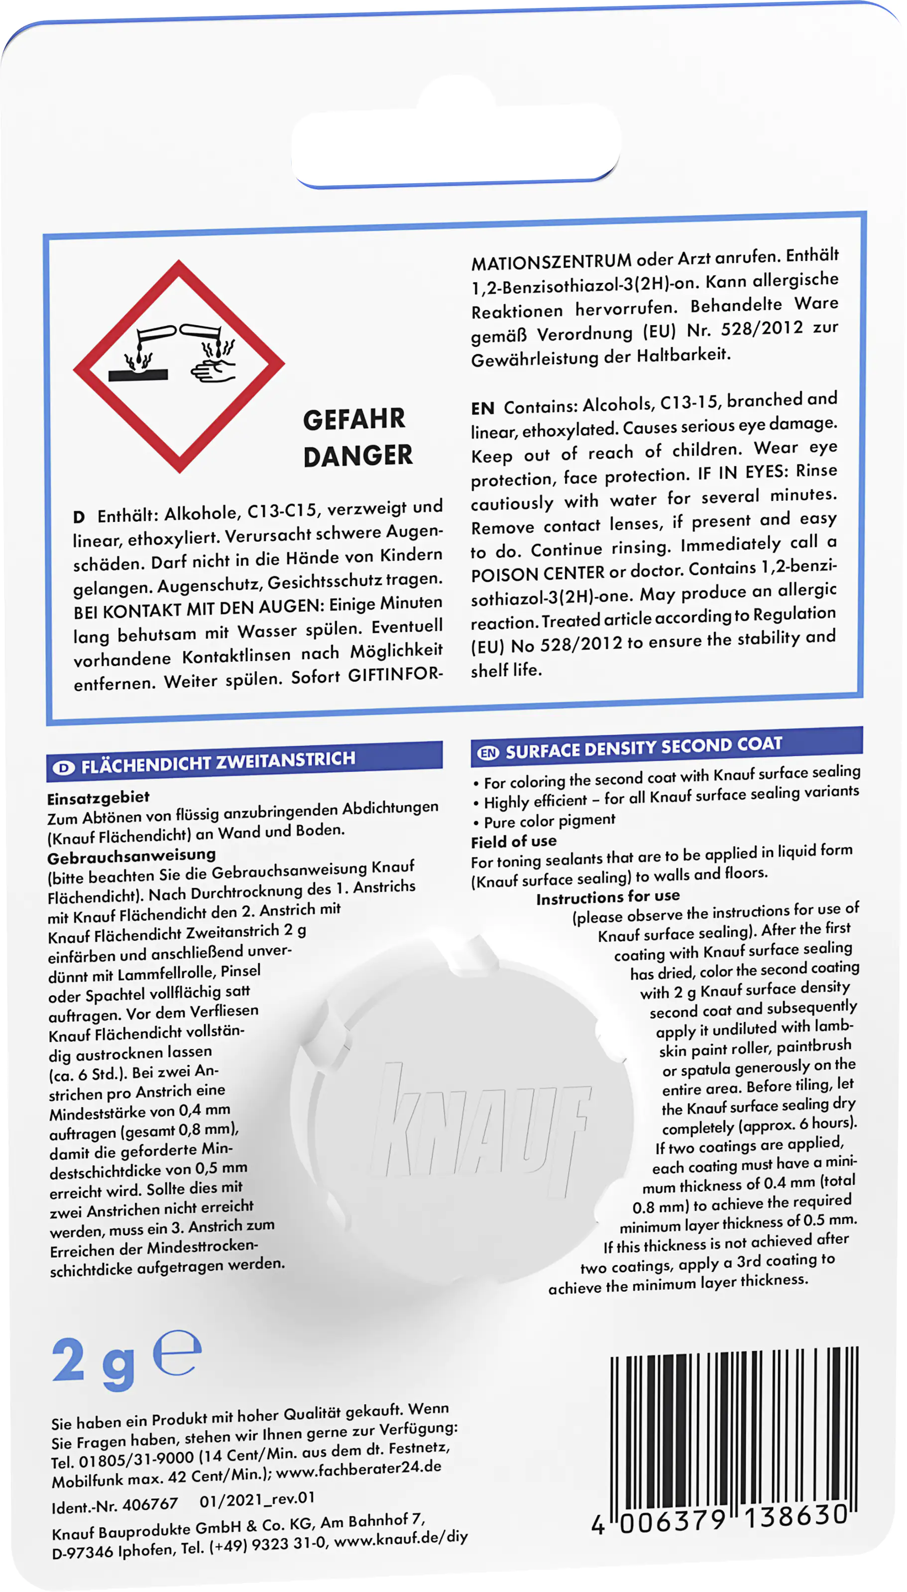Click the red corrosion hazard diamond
pyautogui.click(x=179, y=367)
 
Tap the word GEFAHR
pyautogui.click(x=354, y=419)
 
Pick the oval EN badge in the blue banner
pyautogui.click(x=488, y=753)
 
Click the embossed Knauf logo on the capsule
pyautogui.click(x=480, y=1121)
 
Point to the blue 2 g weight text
pyautogui.click(x=94, y=1363)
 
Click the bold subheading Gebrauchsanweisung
pyautogui.click(x=131, y=856)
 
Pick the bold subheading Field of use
pyautogui.click(x=514, y=842)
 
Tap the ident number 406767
pyautogui.click(x=150, y=1505)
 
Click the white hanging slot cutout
pyautogui.click(x=456, y=146)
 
